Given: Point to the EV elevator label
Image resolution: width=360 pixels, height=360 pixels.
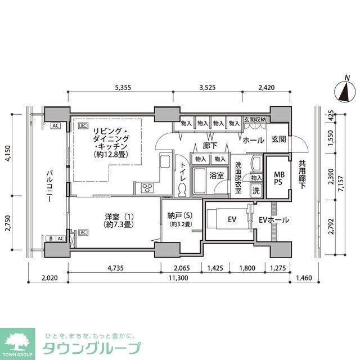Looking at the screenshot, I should click(231, 219).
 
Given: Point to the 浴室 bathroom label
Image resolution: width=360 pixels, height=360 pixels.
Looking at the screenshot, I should click(217, 175).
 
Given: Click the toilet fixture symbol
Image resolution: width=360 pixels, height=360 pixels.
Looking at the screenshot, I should click(183, 190).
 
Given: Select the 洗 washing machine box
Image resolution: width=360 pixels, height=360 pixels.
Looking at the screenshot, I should click(256, 191).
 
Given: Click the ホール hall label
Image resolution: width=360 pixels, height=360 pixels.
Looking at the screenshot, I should click(254, 140).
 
